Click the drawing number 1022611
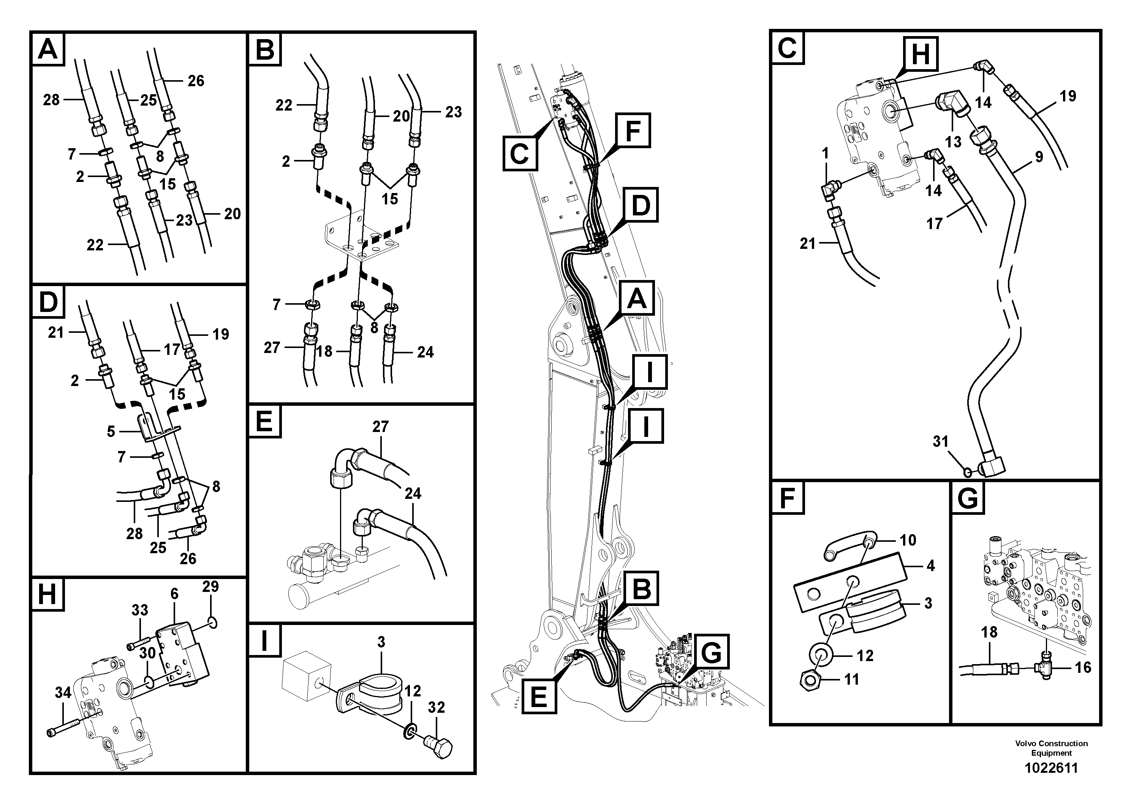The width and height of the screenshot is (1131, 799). pyautogui.click(x=1051, y=768)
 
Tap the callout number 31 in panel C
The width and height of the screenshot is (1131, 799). pyautogui.click(x=940, y=441)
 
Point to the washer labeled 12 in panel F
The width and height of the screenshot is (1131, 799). pyautogui.click(x=822, y=656)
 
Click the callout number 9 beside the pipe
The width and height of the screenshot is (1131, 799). pyautogui.click(x=1039, y=157)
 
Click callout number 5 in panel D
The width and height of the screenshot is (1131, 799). pyautogui.click(x=111, y=432)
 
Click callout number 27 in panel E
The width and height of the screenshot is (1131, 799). pyautogui.click(x=381, y=426)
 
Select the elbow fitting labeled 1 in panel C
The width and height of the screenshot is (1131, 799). pyautogui.click(x=829, y=191)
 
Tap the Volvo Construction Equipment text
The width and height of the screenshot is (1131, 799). pyautogui.click(x=1051, y=748)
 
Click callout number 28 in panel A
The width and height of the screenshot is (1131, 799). pyautogui.click(x=51, y=100)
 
